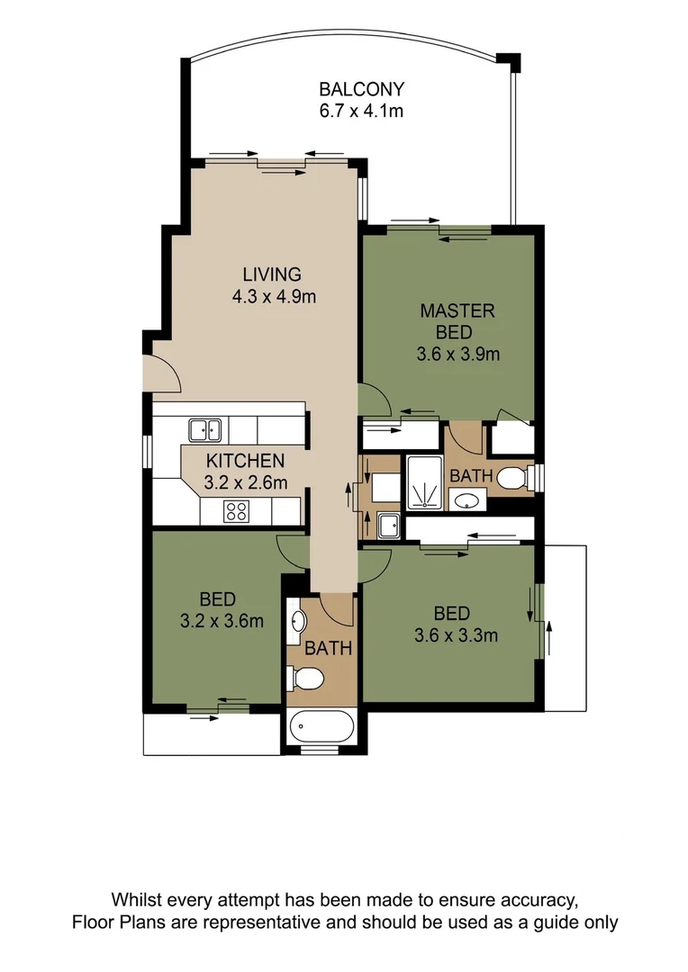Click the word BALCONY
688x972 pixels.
click(361, 89)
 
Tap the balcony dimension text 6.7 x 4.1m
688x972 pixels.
click(361, 111)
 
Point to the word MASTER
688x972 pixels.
click(457, 311)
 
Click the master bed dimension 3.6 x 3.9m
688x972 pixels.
click(457, 354)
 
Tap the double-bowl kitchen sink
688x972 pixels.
click(205, 430)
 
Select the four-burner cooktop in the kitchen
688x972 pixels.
click(237, 511)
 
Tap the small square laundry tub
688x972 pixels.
click(389, 525)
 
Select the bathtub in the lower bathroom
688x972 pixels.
click(321, 726)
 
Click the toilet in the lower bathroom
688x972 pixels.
click(303, 679)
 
